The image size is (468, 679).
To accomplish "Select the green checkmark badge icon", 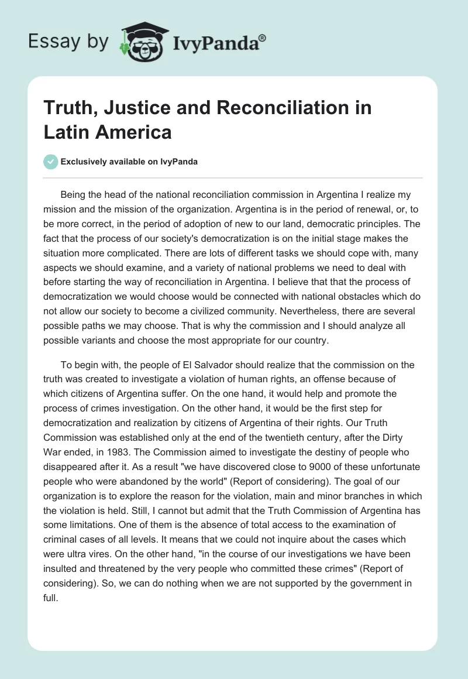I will pyautogui.click(x=51, y=162).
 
